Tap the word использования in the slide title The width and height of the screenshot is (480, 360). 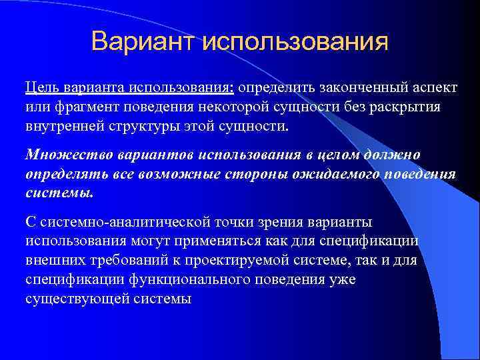[293, 42]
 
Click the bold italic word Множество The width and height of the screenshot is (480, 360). [61, 155]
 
